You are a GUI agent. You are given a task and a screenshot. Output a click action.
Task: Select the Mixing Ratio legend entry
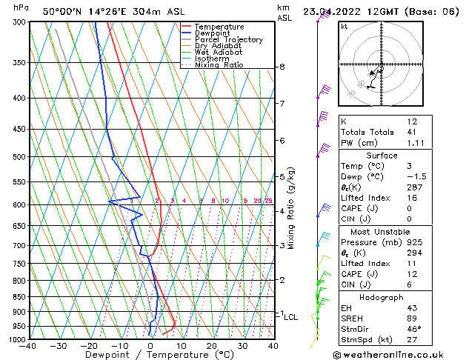[x=219, y=65]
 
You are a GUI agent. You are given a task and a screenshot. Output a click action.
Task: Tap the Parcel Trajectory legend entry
[x=228, y=40]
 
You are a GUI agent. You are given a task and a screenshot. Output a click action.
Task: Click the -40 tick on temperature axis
[x=28, y=345]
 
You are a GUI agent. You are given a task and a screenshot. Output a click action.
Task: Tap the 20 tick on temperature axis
[x=211, y=345]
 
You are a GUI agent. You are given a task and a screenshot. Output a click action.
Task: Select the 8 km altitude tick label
[x=282, y=67]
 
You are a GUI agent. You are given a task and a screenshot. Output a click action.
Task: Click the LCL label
[x=290, y=317]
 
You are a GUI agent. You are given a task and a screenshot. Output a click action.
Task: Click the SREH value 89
[x=412, y=319]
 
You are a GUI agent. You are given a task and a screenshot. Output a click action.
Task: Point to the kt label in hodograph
[x=344, y=27]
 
